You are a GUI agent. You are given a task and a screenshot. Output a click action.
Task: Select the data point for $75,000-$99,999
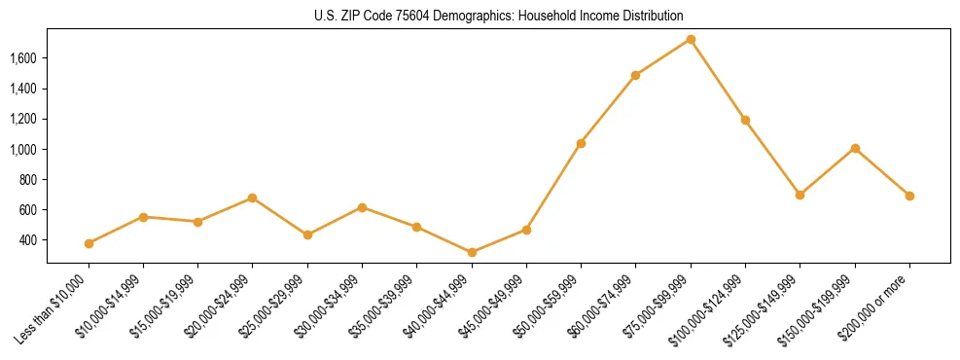(x=691, y=40)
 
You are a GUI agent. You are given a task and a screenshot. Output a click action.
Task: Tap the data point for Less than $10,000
(x=89, y=243)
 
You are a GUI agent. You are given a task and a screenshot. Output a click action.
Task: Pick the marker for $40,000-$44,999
(x=472, y=253)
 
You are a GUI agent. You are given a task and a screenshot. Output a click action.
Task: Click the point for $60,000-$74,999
(x=635, y=75)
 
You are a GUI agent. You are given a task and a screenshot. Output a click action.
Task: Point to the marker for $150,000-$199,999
(x=855, y=148)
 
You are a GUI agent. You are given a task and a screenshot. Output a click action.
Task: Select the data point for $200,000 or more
(x=909, y=196)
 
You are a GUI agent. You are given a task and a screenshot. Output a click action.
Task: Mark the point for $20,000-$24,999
(x=253, y=198)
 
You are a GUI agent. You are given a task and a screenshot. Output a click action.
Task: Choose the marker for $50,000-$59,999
(x=581, y=143)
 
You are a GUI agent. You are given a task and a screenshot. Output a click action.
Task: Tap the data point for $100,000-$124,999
(x=745, y=120)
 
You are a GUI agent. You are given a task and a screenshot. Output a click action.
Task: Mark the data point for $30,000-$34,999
(x=362, y=207)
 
